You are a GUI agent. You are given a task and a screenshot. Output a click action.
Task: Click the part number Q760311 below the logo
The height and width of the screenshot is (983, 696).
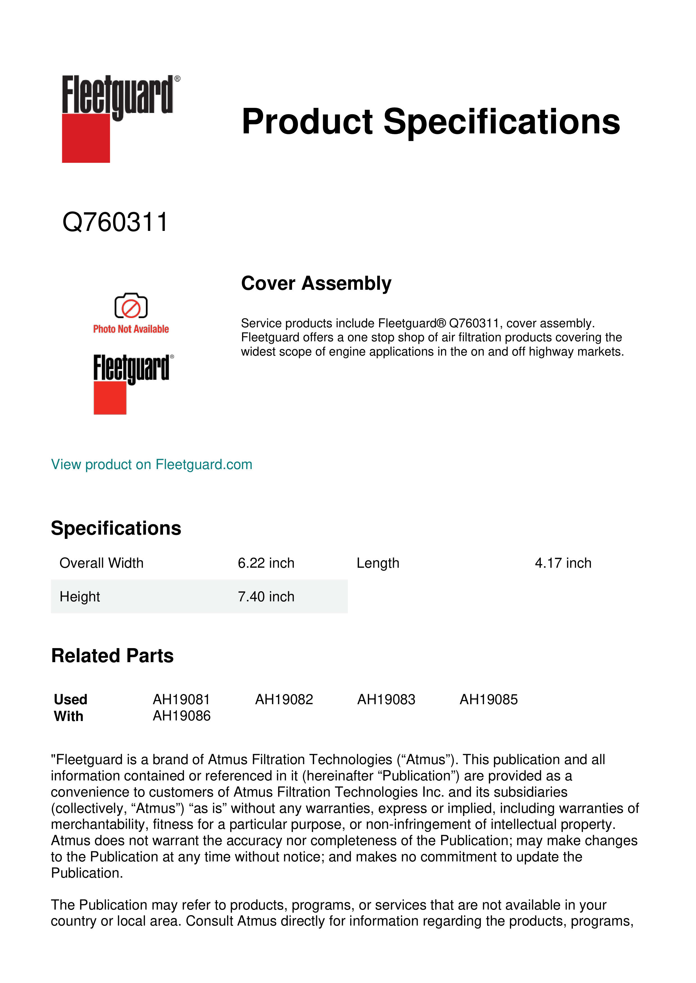[x=115, y=222]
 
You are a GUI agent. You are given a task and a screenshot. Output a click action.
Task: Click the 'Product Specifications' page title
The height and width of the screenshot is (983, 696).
[x=431, y=122]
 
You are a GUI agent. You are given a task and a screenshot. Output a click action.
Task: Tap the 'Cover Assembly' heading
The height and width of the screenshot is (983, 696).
[x=316, y=283]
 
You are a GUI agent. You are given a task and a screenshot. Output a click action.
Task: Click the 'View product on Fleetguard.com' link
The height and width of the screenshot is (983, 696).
[x=152, y=465]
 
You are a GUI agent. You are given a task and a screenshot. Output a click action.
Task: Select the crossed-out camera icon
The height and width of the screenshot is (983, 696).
[x=131, y=306]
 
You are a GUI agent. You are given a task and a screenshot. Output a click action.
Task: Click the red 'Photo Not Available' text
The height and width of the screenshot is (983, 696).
[x=131, y=329]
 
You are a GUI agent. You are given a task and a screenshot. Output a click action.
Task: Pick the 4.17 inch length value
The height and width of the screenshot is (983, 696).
[x=563, y=563]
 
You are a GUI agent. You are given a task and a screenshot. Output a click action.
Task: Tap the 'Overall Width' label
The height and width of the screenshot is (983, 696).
[x=102, y=563]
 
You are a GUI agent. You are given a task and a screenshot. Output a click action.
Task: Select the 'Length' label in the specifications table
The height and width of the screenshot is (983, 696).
[x=378, y=563]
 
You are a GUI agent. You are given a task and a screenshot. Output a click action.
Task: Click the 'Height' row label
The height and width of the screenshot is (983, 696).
[x=80, y=596]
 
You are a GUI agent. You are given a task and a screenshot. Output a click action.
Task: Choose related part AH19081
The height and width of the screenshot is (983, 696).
[x=181, y=700]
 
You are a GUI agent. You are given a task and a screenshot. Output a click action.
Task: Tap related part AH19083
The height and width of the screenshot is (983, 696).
[x=386, y=700]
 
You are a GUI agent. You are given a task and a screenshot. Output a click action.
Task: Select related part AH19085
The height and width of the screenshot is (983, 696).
[x=489, y=700]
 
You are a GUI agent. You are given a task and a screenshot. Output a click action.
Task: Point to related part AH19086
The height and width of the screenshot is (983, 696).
[x=182, y=716]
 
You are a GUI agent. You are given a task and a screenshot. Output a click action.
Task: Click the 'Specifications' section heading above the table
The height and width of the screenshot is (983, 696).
[x=116, y=528]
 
